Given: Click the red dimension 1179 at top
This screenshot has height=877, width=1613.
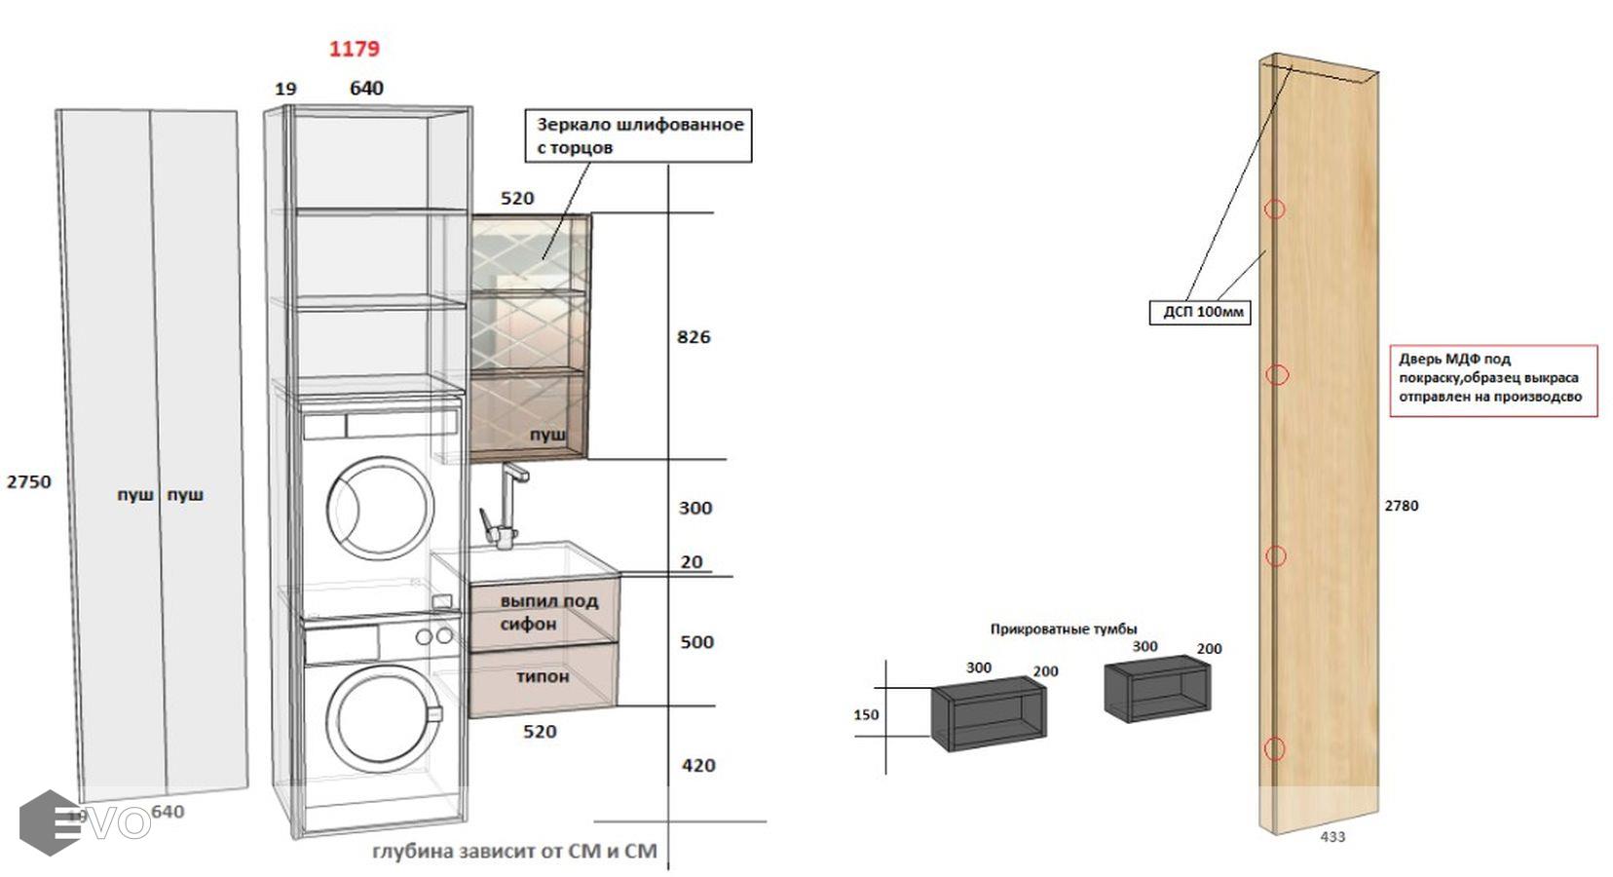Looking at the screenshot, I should click(354, 49).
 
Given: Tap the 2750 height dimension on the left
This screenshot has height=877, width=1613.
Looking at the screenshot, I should click(28, 481).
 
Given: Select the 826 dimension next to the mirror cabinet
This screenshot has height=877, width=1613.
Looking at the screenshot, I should click(694, 337).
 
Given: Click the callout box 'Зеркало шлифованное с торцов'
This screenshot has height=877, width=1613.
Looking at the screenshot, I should click(639, 135).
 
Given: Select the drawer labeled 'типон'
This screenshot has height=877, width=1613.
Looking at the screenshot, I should click(543, 676).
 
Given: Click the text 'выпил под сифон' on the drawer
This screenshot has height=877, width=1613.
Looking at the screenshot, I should click(547, 612).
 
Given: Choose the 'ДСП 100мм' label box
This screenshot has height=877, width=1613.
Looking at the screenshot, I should click(1200, 312).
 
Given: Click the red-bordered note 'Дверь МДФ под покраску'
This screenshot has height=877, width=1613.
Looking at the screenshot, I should click(1492, 379).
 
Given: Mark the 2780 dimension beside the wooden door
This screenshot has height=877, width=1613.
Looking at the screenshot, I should click(1402, 506).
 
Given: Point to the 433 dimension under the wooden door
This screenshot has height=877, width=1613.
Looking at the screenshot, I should click(1332, 836).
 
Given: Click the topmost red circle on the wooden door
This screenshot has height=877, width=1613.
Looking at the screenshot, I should click(1275, 210).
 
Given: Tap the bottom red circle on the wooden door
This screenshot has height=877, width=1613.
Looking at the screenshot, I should click(1275, 748).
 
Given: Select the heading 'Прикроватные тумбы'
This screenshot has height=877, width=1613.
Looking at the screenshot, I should click(1064, 629).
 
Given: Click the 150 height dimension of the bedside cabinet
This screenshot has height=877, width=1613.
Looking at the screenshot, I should click(866, 715).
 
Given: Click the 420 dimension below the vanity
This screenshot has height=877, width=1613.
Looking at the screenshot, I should click(698, 766).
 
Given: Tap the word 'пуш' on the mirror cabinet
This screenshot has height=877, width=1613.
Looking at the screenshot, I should click(547, 436).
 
